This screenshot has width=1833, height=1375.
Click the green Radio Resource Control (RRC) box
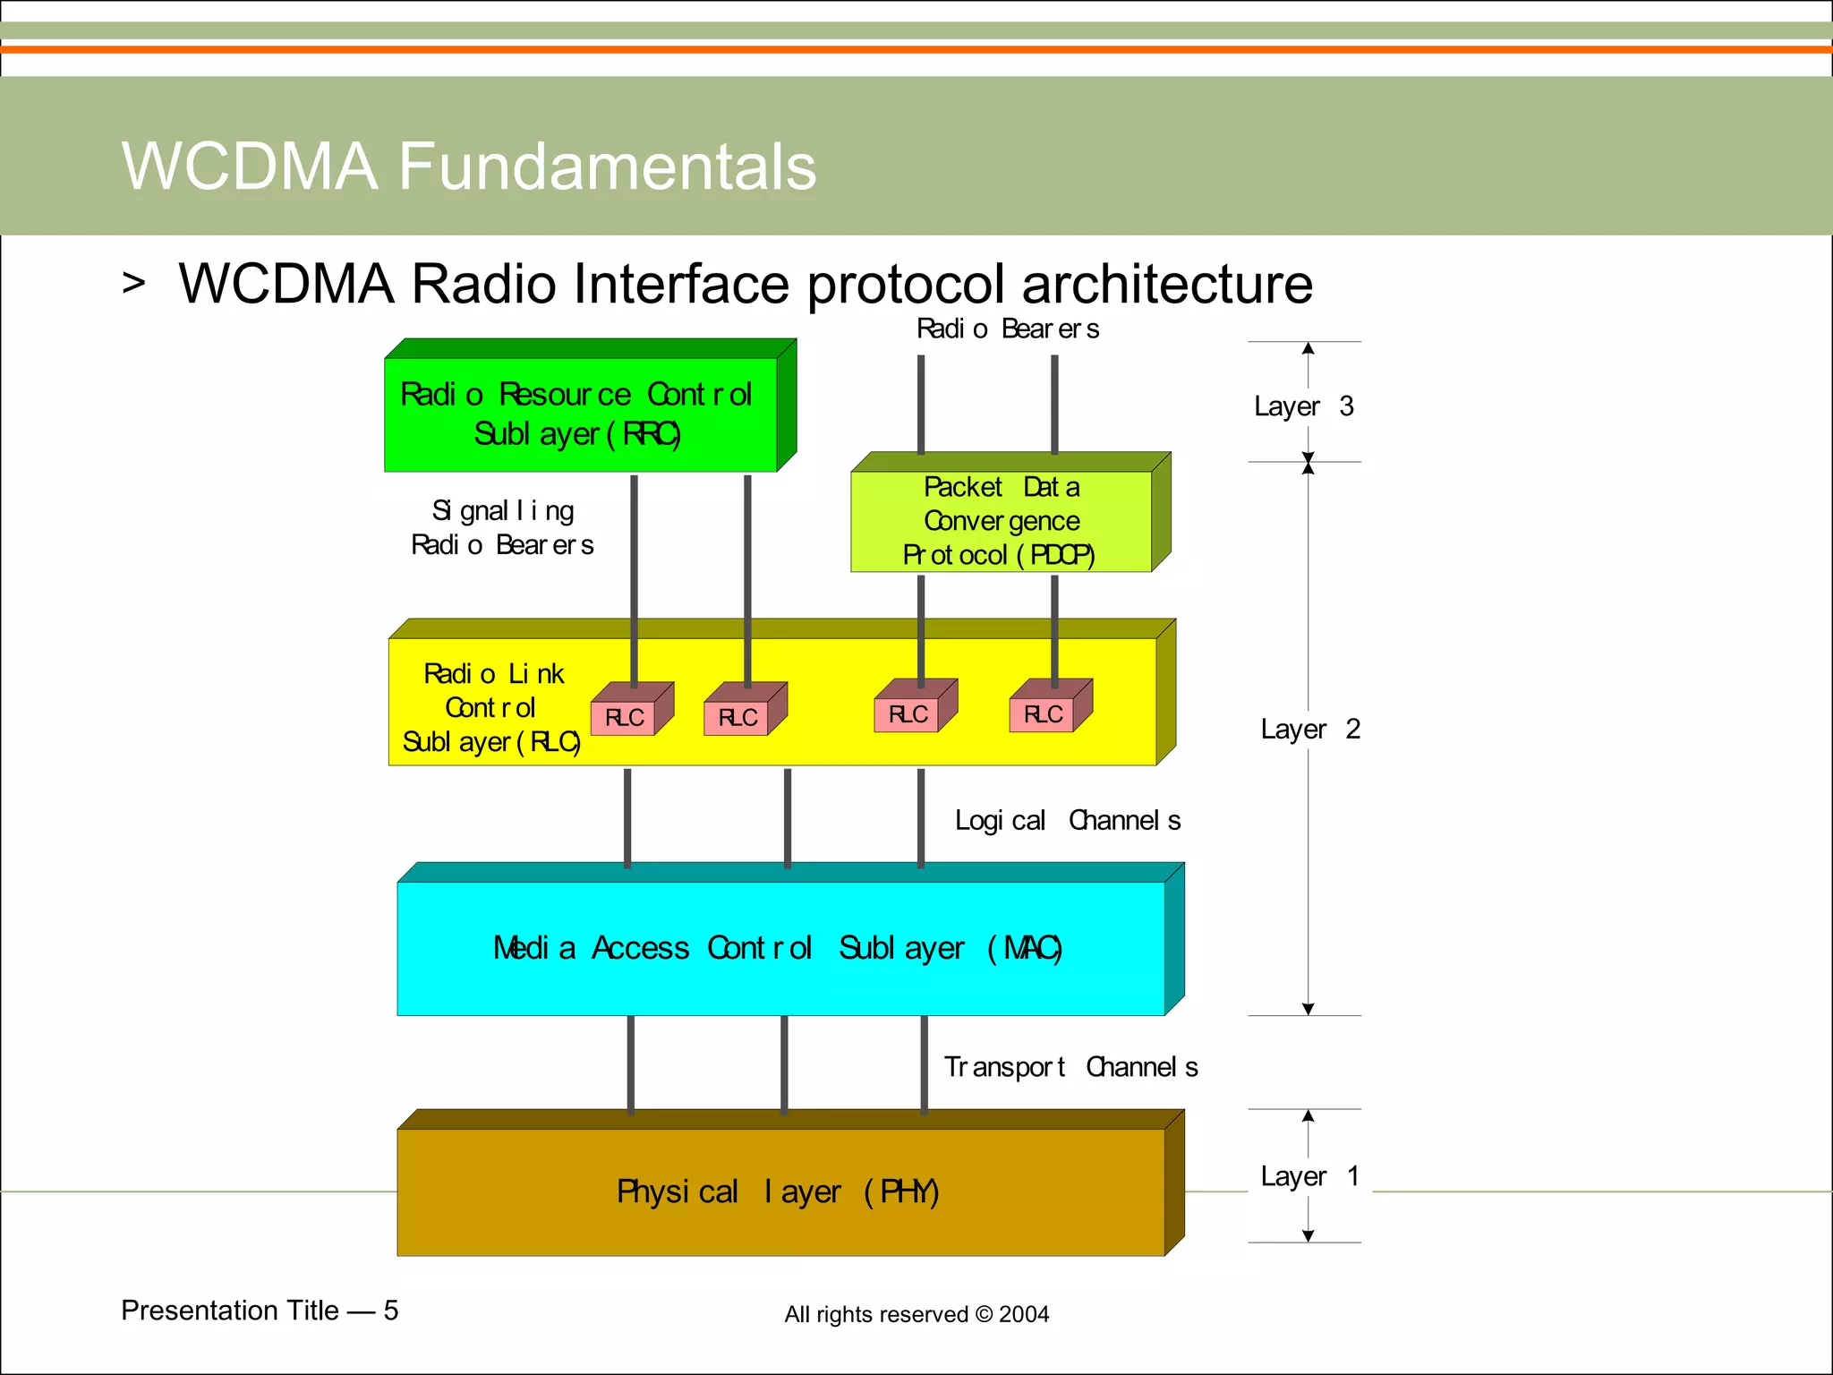pyautogui.click(x=580, y=414)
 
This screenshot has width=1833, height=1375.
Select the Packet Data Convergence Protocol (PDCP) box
pyautogui.click(x=1001, y=521)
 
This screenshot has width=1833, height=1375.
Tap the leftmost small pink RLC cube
pyautogui.click(x=624, y=717)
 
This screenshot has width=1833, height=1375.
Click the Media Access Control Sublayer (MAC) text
pyautogui.click(x=777, y=948)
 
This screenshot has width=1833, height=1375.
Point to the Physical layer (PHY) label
pyautogui.click(x=777, y=1191)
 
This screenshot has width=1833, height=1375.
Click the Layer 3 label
pyautogui.click(x=1303, y=406)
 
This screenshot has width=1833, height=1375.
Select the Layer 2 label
pyautogui.click(x=1309, y=729)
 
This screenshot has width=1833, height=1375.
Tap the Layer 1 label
pyautogui.click(x=1309, y=1176)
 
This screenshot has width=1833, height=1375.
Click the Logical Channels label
pyautogui.click(x=1067, y=820)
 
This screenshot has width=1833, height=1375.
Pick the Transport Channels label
pyautogui.click(x=1070, y=1067)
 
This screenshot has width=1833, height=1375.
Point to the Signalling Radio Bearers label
pyautogui.click(x=502, y=527)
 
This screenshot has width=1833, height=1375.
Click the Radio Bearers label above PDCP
pyautogui.click(x=1008, y=329)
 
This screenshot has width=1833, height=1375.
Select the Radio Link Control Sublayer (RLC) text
pyautogui.click(x=492, y=707)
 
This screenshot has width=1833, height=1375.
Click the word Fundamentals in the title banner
pyautogui.click(x=607, y=167)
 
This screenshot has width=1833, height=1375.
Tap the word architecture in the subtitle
pyautogui.click(x=1166, y=284)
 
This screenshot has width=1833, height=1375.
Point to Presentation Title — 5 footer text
pyautogui.click(x=260, y=1311)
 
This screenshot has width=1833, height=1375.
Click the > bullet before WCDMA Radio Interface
pyautogui.click(x=133, y=283)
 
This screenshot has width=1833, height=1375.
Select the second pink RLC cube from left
pyautogui.click(x=737, y=717)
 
